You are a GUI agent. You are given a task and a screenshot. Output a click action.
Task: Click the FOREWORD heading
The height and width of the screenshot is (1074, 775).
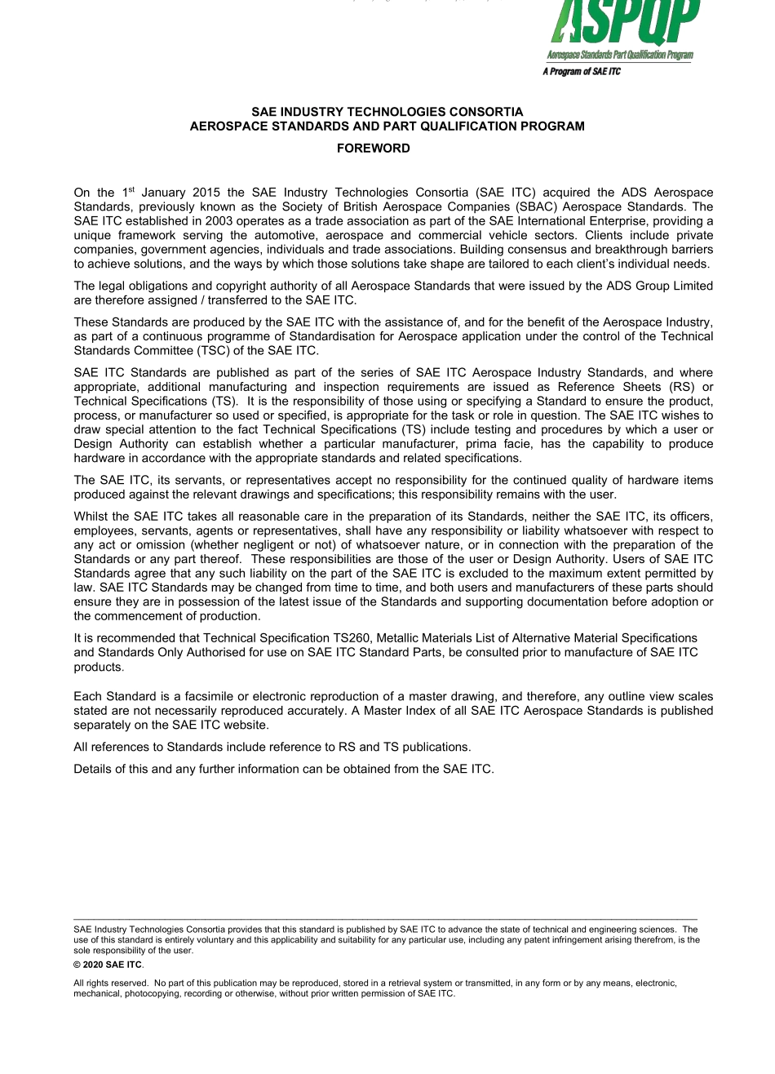374,149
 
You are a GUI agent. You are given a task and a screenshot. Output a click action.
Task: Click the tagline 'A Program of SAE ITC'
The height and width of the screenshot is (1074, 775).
582,72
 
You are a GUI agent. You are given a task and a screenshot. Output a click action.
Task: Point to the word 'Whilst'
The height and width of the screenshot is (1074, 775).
91,516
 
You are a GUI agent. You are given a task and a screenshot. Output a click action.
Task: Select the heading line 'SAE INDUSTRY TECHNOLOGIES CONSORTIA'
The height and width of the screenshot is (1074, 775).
387,112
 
